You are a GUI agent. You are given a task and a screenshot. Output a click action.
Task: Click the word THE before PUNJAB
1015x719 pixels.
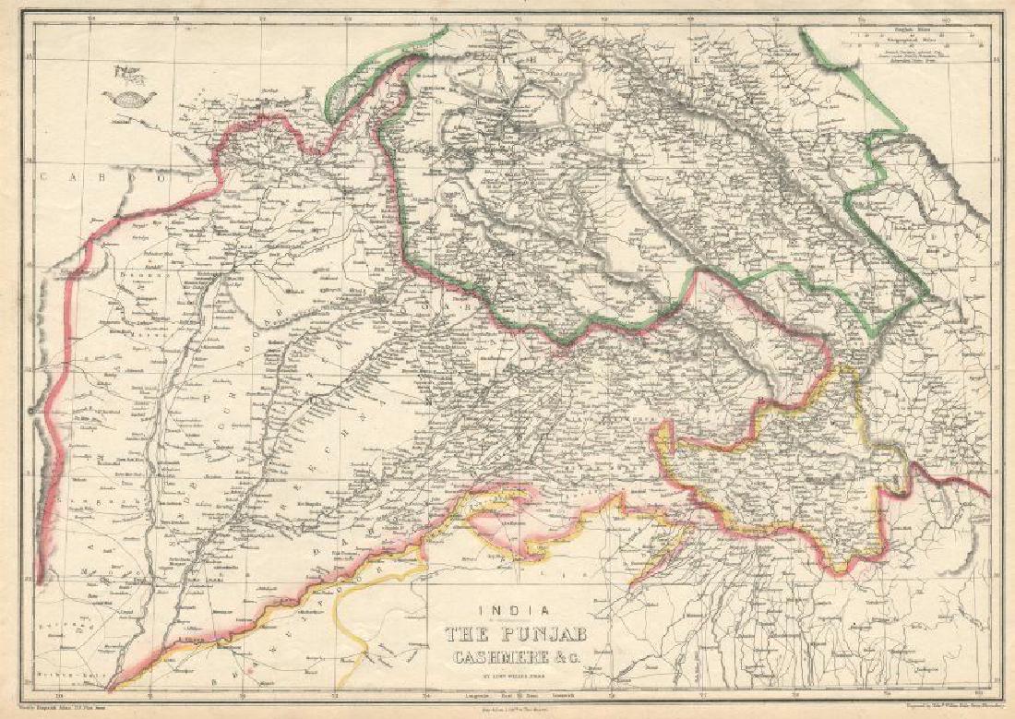(x=470, y=634)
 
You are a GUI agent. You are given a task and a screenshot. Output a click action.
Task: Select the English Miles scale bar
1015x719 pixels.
(x=913, y=34)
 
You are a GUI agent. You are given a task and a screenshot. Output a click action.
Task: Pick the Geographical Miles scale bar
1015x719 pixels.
(x=913, y=42)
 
